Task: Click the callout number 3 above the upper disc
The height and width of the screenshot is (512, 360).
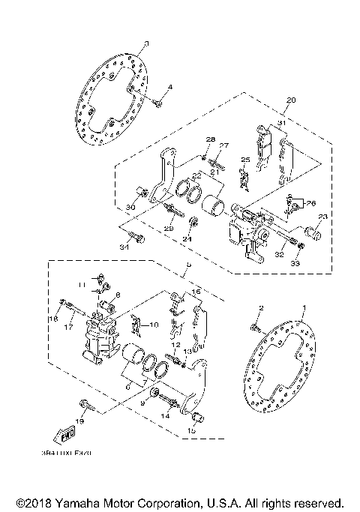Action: point(147,44)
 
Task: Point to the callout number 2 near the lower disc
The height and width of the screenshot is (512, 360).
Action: point(262,308)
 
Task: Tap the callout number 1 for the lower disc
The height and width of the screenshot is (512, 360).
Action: point(304,308)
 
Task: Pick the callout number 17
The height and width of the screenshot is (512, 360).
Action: point(67,326)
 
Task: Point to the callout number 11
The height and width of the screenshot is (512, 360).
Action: point(82,285)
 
